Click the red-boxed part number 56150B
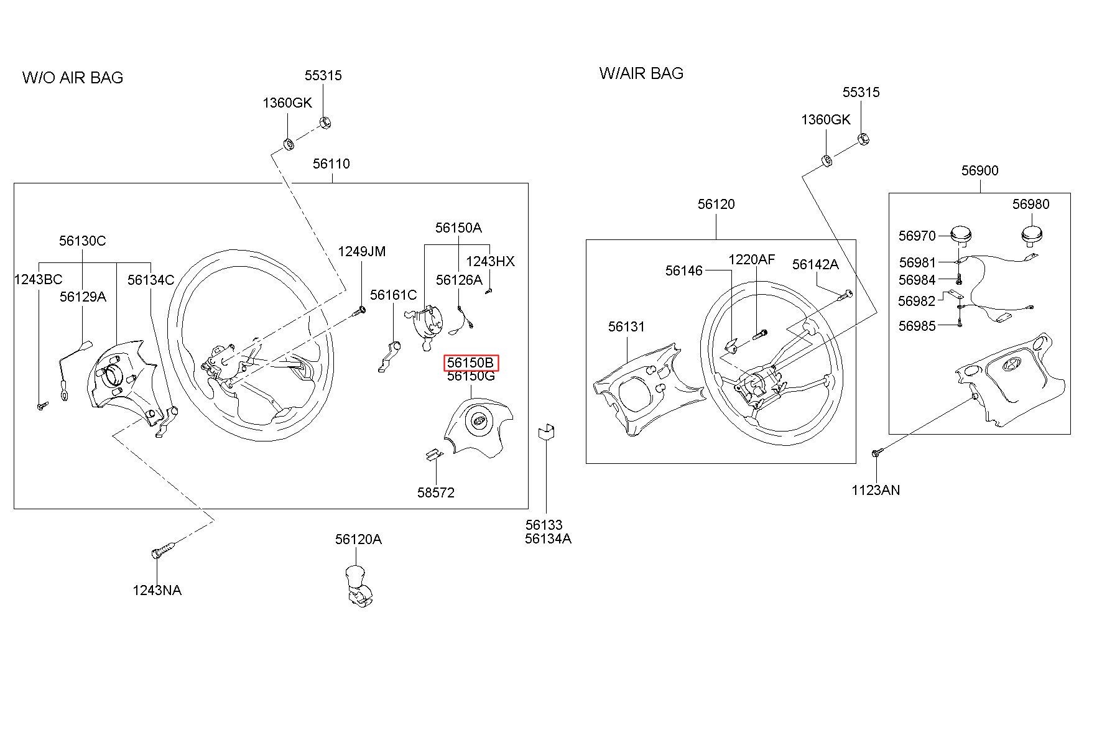[471, 363]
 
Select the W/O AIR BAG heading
[73, 78]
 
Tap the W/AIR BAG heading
[641, 73]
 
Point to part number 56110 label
[331, 164]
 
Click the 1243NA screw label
[157, 590]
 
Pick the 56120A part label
[359, 539]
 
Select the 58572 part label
[436, 492]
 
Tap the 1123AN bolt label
[876, 490]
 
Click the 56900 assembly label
[980, 170]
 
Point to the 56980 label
[1030, 204]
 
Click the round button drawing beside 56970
[962, 236]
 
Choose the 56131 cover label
[627, 326]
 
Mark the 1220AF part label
[752, 259]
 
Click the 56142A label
[815, 264]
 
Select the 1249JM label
[362, 251]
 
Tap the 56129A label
[83, 297]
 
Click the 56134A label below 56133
[548, 538]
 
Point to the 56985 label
[917, 326]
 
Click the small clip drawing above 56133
[547, 432]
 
